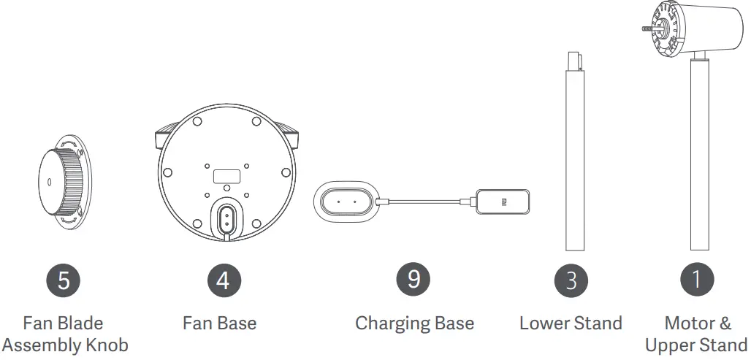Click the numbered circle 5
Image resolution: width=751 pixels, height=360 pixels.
63,280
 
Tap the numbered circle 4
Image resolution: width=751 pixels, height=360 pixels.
223,280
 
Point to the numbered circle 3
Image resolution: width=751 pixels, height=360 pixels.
571,280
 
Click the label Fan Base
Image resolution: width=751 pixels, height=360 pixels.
219,323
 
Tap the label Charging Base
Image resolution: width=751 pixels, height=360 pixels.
414,323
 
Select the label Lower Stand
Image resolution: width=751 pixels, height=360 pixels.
571,323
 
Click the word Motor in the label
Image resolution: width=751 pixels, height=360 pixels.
687,323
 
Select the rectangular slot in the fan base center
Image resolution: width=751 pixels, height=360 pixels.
226,177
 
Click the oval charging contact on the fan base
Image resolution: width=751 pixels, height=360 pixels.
226,217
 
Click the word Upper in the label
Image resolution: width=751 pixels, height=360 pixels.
670,345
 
